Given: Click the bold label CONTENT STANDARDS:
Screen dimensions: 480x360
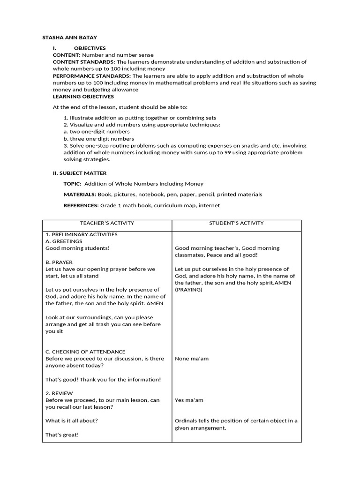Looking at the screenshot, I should point(84,62).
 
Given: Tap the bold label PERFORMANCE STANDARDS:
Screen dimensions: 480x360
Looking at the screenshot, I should point(92,76).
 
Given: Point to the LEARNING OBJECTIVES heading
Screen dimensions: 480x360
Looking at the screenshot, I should point(83,97).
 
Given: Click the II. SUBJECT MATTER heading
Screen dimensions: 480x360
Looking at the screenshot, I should point(80,173).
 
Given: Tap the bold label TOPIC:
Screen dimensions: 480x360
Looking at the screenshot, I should point(73,184).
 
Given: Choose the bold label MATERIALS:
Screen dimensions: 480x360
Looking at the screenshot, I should point(80,195).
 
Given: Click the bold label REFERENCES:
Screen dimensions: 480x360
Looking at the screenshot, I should point(81,205).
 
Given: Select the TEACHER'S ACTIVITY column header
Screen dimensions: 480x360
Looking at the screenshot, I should point(107,224).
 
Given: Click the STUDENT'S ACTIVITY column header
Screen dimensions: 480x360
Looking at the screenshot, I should point(236,224).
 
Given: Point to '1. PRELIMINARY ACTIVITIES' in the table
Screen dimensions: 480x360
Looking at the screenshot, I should point(82,234).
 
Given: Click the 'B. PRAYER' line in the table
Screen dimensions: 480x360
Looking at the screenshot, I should point(59,262).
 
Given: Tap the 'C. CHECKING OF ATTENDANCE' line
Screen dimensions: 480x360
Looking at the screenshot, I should point(85,352).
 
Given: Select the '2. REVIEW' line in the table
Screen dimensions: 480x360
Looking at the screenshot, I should point(59,393).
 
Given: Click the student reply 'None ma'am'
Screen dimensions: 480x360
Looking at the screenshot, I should point(192,359).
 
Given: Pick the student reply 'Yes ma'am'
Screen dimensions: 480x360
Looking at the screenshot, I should point(189,400).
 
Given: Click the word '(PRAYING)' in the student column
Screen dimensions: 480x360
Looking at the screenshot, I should point(189,290).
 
